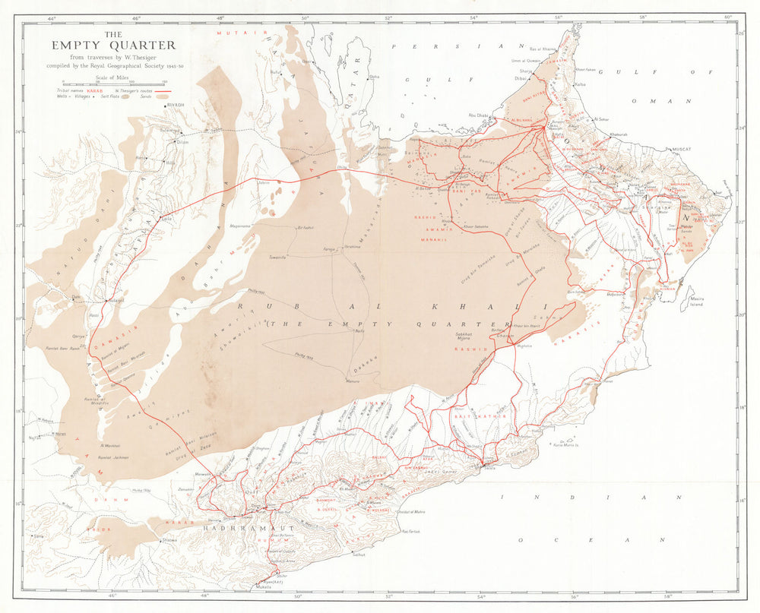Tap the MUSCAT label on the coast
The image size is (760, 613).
pos(679,150)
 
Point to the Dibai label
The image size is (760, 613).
pos(520,77)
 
